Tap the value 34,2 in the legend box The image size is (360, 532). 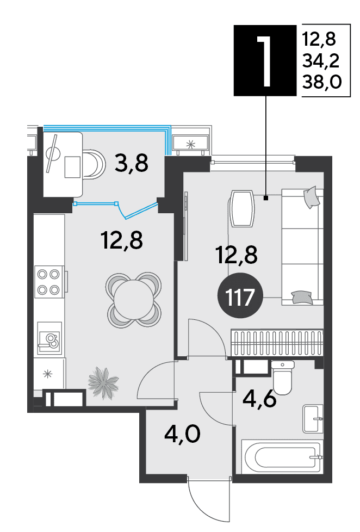(x=321, y=61)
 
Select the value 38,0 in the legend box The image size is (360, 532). (x=321, y=82)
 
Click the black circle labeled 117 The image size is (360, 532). (x=240, y=295)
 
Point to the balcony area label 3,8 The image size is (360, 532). (x=131, y=163)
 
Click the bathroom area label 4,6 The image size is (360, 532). (x=260, y=400)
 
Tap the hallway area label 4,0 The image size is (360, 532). (x=182, y=434)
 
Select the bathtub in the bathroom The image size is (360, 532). (x=281, y=456)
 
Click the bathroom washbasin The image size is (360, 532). (x=313, y=419)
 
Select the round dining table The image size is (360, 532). (x=134, y=300)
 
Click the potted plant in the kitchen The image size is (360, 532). (x=103, y=383)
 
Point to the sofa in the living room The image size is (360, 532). (x=302, y=247)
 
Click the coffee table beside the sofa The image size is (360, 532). (x=242, y=209)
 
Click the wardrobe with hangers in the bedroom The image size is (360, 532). (x=277, y=343)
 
